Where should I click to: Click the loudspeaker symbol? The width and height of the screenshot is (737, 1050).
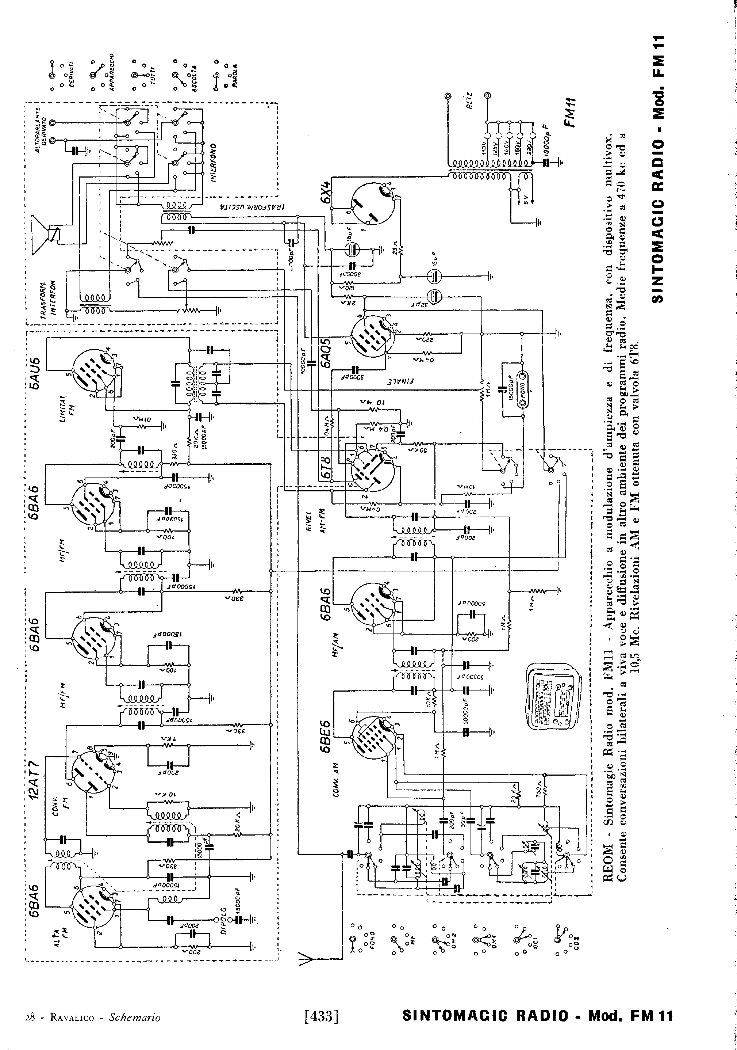click(x=47, y=235)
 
